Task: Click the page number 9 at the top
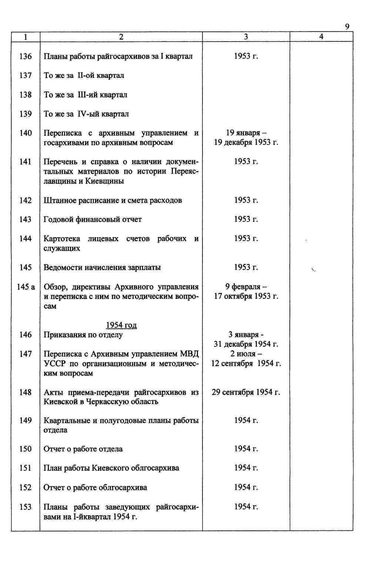[x=347, y=26]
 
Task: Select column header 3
[x=246, y=37]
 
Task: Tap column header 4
[x=321, y=37]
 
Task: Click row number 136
[x=26, y=56]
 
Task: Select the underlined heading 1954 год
[x=121, y=325]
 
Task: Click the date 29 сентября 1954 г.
[x=246, y=392]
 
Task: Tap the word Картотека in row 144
[x=62, y=239]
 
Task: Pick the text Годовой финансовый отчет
[x=93, y=219]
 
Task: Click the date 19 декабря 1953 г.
[x=246, y=142]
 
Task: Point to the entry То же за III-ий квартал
[x=85, y=95]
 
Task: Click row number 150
[x=26, y=449]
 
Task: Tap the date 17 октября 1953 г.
[x=246, y=296]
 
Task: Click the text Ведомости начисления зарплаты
[x=102, y=267]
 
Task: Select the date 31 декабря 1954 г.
[x=246, y=344]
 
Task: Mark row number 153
[x=26, y=507]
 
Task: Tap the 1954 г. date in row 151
[x=246, y=468]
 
